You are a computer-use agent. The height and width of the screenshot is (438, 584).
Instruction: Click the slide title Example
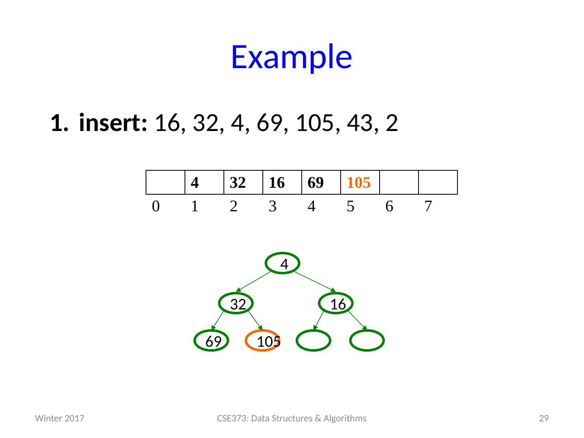click(291, 57)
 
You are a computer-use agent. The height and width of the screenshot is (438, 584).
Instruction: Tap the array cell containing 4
click(204, 183)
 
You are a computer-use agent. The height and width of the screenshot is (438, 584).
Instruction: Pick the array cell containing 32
click(243, 183)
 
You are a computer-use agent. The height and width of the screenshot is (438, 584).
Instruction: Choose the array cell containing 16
click(282, 183)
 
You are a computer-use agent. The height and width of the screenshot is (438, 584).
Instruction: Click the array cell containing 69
click(321, 183)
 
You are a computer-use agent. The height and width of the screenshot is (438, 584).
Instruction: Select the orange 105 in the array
click(359, 183)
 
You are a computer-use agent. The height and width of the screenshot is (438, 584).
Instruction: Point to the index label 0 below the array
click(155, 207)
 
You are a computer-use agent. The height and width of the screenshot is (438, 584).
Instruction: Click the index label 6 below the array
click(389, 207)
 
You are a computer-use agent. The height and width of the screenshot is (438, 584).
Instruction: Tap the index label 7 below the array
click(428, 207)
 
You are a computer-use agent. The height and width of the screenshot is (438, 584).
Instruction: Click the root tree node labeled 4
click(283, 264)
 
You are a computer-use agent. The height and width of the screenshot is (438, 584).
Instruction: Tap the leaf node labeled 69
click(212, 341)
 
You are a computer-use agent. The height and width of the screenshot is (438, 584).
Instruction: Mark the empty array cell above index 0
click(165, 183)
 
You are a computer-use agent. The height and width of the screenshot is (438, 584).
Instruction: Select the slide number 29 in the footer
click(543, 419)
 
